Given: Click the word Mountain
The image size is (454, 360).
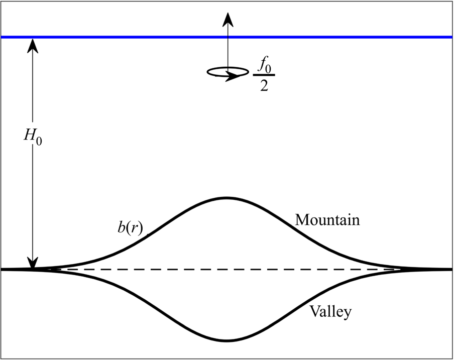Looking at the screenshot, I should tap(327, 220).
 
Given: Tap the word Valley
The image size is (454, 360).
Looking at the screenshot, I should tap(330, 311).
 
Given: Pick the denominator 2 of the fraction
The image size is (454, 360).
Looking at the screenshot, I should tap(264, 85).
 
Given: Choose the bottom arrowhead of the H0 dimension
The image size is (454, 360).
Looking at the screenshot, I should tap(33, 263).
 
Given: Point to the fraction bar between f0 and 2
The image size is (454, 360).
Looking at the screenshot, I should tap(264, 76).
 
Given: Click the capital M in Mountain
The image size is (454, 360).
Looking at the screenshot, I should tap(301, 220).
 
